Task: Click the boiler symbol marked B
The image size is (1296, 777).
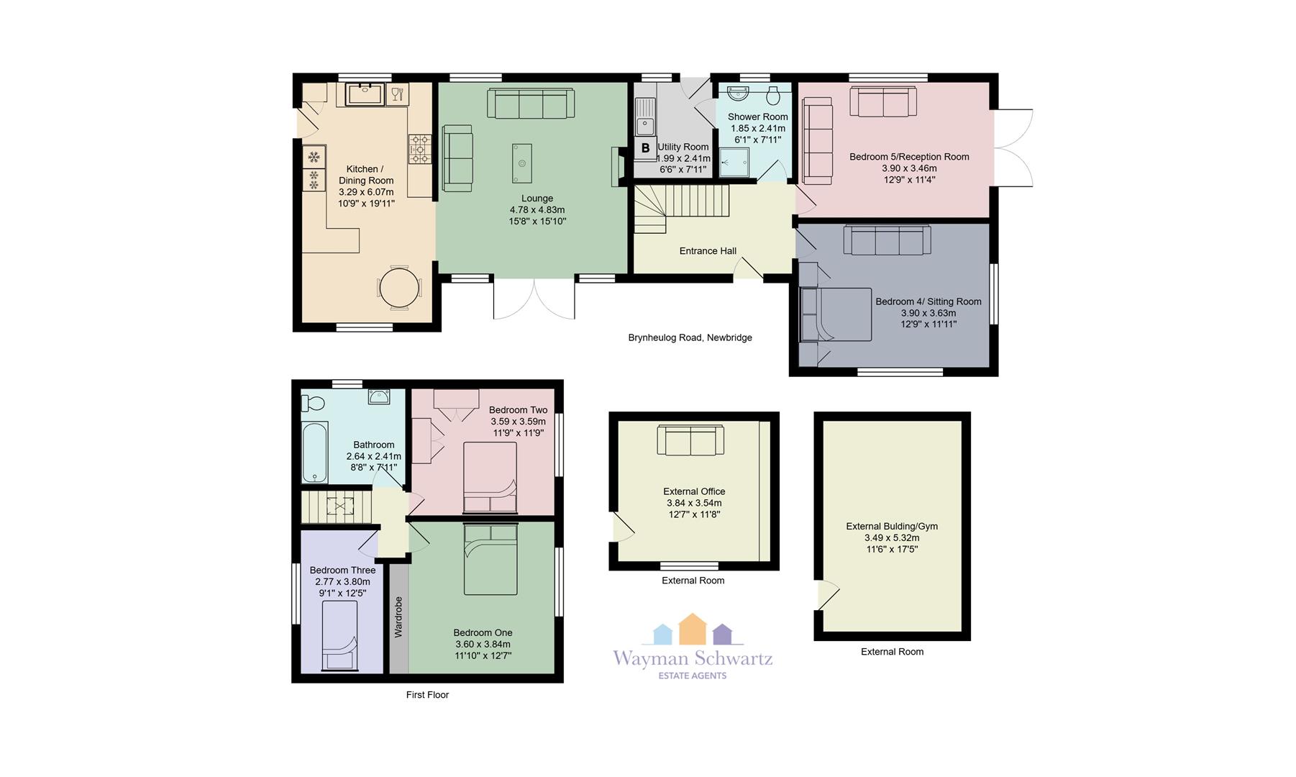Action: pos(645,148)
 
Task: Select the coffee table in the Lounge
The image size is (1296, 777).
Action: pos(522,163)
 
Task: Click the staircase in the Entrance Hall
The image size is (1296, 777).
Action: pos(680,209)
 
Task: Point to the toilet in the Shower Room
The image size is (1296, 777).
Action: pos(774,94)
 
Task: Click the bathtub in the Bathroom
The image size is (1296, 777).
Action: pos(314,453)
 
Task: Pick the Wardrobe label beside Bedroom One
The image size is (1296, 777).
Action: pos(398,617)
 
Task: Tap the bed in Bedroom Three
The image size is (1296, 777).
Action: pos(339,637)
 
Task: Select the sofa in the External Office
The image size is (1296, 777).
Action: pos(690,440)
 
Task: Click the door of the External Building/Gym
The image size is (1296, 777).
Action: pos(829,595)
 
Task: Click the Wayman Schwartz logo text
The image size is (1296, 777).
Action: pos(693,658)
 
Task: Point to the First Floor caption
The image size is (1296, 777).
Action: pos(427,695)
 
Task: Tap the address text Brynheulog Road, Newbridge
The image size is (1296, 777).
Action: pos(690,337)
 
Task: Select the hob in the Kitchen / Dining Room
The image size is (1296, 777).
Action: pos(420,149)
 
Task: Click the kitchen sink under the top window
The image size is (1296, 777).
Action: pos(366,94)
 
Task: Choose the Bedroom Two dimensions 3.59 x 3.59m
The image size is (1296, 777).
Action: pos(519,422)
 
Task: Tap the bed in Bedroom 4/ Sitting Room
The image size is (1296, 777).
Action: pos(836,314)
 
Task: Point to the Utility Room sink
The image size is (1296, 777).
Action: pos(645,118)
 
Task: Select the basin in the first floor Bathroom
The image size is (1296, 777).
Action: pos(379,396)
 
